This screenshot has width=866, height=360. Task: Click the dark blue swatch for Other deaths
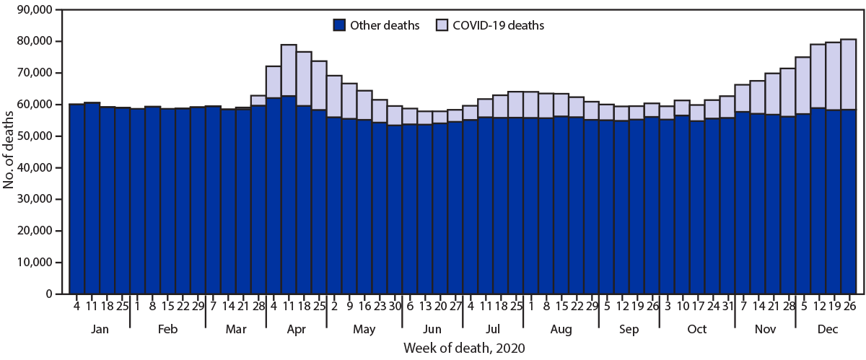[x=340, y=25]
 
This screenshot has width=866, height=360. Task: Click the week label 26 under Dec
[x=849, y=306]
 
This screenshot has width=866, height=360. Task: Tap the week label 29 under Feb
[x=198, y=306]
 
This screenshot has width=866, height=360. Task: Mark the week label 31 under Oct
[x=727, y=306]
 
